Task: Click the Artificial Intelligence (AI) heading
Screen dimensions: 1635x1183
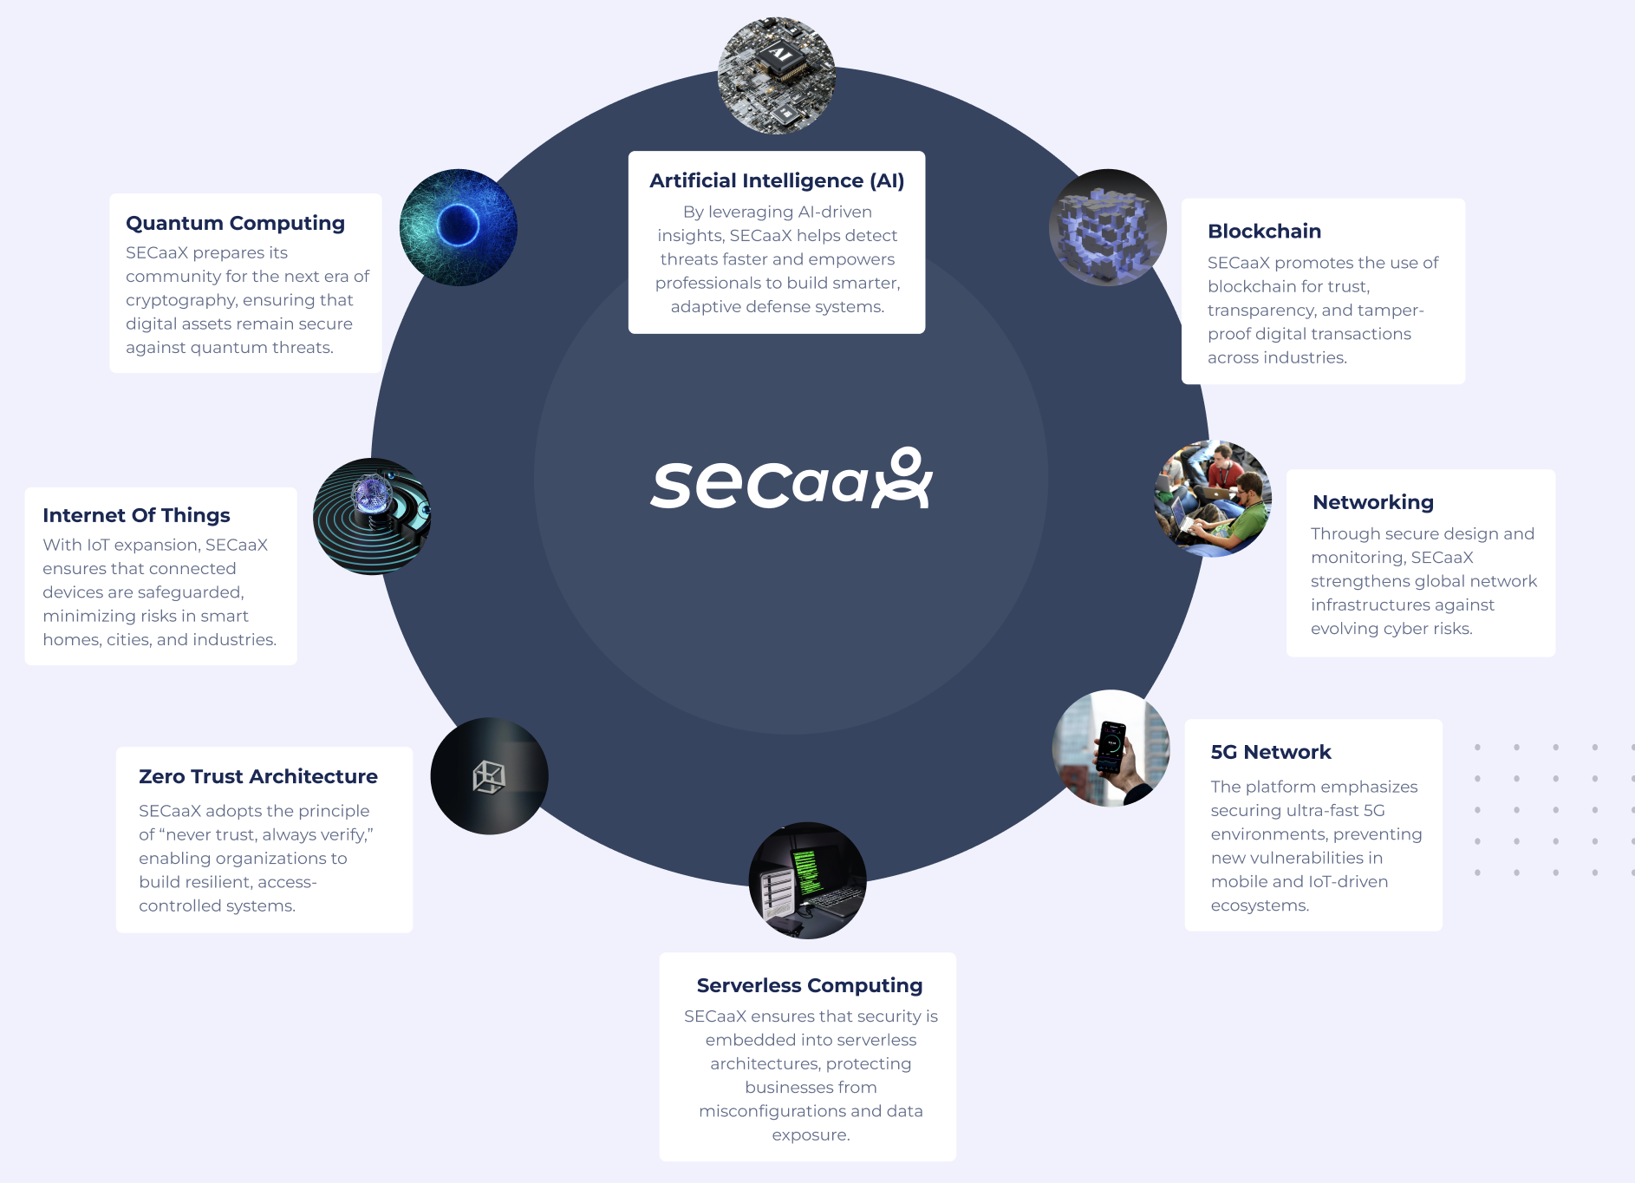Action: pos(777,180)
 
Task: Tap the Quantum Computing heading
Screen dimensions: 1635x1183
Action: pos(235,223)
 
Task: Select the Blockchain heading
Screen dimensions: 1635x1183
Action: pos(1264,231)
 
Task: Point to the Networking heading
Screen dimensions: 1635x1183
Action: pos(1372,502)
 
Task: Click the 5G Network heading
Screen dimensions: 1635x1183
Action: pos(1270,752)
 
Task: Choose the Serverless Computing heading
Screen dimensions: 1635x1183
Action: pos(809,985)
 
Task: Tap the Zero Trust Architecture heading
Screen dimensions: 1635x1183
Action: pos(257,776)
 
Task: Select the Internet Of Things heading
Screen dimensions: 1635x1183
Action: pos(136,515)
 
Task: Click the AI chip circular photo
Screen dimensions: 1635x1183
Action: pos(776,75)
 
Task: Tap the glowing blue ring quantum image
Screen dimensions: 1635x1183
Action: pos(458,226)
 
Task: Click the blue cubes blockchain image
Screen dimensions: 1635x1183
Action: pos(1107,228)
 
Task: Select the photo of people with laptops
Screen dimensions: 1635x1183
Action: pos(1213,499)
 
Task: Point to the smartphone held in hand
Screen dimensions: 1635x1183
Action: pos(1111,747)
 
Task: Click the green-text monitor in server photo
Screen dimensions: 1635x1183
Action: pos(805,872)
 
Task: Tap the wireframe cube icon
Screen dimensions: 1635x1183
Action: pos(489,776)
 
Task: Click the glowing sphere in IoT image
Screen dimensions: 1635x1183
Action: pos(373,493)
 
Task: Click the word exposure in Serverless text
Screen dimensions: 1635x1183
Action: pos(810,1134)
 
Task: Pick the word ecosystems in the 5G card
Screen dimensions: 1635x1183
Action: pos(1259,905)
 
